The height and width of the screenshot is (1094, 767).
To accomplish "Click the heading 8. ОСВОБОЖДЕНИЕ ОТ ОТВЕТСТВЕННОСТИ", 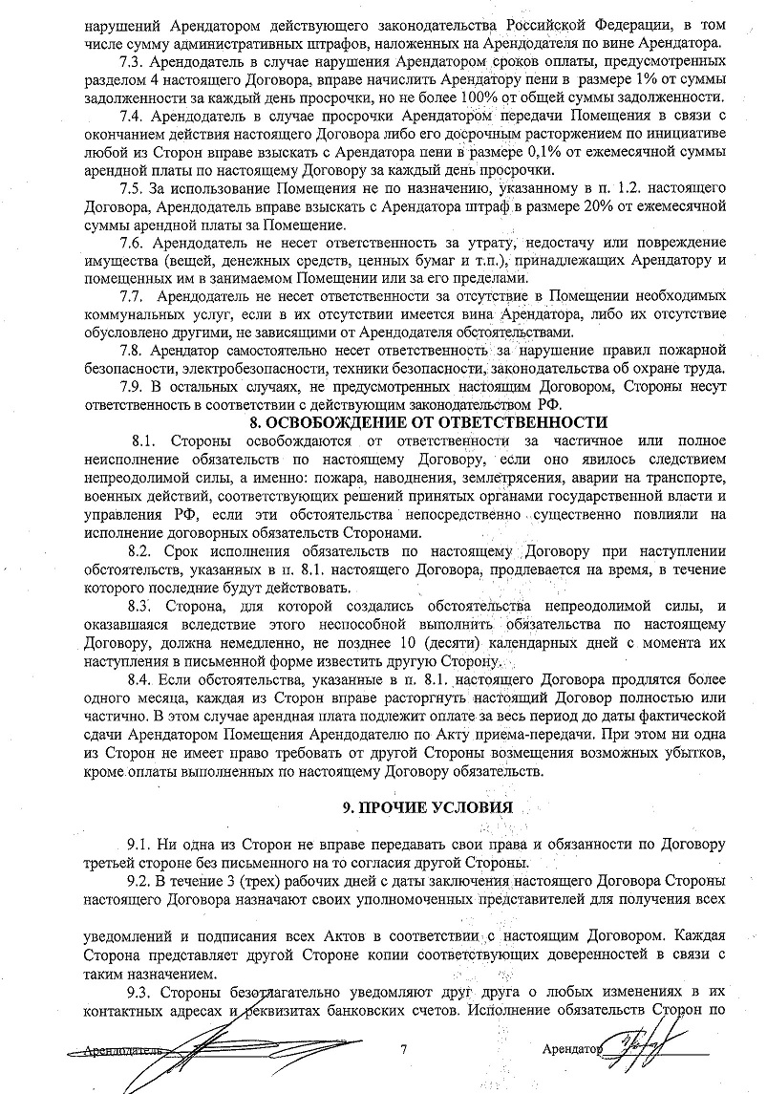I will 427,421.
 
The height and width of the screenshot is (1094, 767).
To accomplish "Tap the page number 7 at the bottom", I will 404,1049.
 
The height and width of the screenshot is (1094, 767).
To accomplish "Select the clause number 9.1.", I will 139,846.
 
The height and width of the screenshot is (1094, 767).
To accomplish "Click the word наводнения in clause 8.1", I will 376,478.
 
